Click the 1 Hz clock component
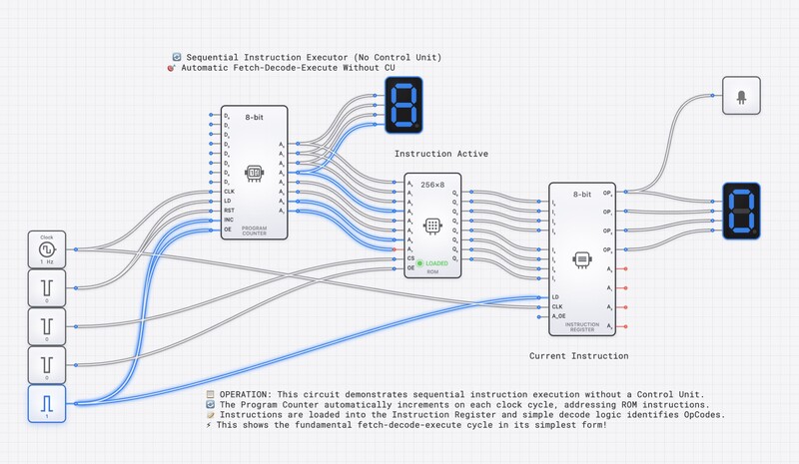pyautogui.click(x=47, y=249)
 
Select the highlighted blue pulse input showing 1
pyautogui.click(x=47, y=402)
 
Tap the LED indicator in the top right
pyautogui.click(x=741, y=97)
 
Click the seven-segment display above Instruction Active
pyautogui.click(x=403, y=102)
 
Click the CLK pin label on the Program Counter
pyautogui.click(x=230, y=191)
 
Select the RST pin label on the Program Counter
pyautogui.click(x=230, y=211)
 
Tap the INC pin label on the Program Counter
pyautogui.click(x=230, y=220)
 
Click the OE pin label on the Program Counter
pyautogui.click(x=229, y=230)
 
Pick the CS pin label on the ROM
pyautogui.click(x=410, y=257)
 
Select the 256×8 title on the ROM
pyautogui.click(x=433, y=186)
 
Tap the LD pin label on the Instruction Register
pyautogui.click(x=556, y=296)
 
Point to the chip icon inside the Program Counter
pyautogui.click(x=254, y=172)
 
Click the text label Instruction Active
pyautogui.click(x=440, y=154)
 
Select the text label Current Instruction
pyautogui.click(x=578, y=355)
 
